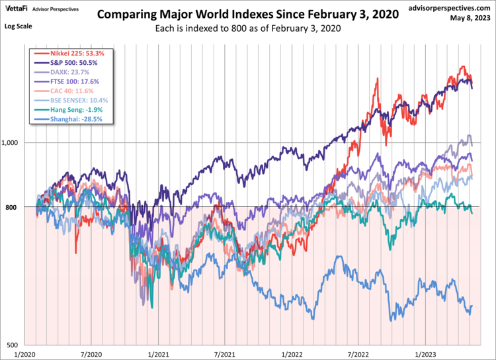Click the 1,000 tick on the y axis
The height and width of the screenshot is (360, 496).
14,143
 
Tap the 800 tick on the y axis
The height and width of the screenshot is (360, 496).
18,207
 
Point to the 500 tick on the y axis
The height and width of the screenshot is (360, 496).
18,345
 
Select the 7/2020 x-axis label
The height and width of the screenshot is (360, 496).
91,354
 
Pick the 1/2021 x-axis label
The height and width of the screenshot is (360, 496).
158,354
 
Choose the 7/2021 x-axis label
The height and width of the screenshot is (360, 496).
224,354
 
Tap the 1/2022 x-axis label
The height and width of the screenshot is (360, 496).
291,354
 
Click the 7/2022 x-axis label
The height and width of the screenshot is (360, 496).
357,354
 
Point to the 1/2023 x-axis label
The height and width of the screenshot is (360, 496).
424,354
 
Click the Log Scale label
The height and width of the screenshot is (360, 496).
19,26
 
